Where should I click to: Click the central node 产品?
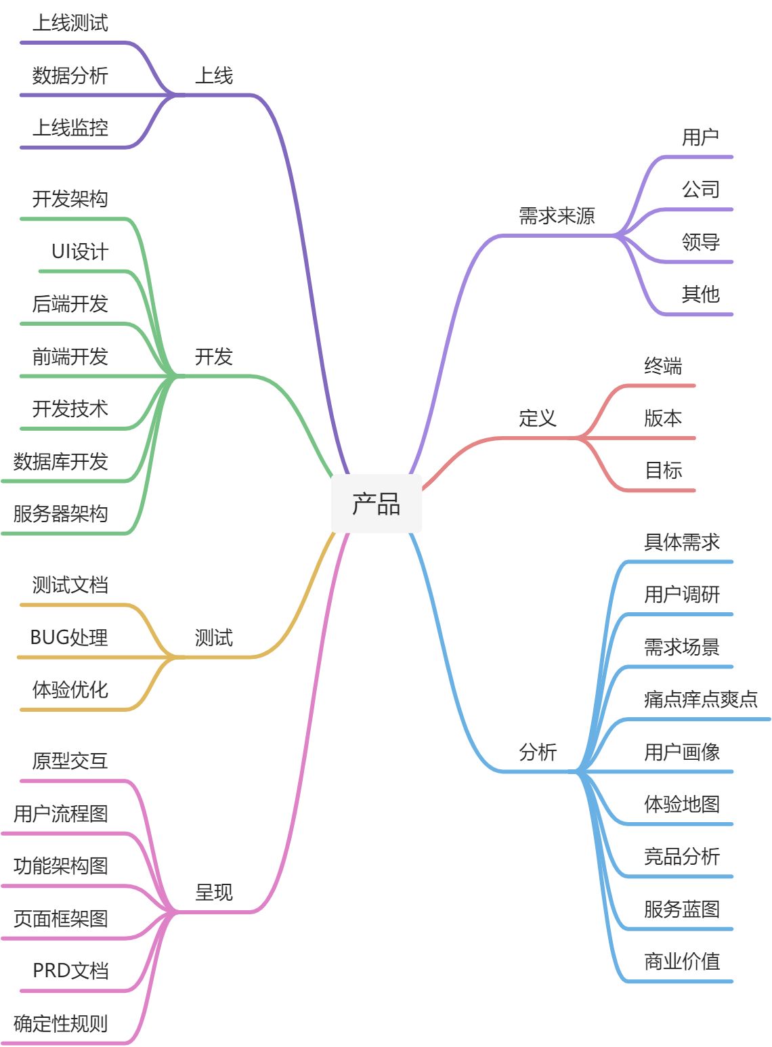point(376,504)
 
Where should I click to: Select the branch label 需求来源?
point(557,216)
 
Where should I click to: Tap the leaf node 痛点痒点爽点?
point(700,699)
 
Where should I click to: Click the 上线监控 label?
point(70,127)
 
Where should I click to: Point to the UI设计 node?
point(80,252)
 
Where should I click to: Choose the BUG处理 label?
point(69,637)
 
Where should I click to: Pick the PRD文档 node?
point(70,970)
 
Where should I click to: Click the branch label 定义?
point(538,419)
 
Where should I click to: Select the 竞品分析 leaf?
point(681,857)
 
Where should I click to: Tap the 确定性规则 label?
point(61,1023)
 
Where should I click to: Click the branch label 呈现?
point(214,893)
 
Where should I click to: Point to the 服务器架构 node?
point(61,513)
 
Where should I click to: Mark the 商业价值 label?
point(681,961)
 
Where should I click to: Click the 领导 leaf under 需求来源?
point(700,242)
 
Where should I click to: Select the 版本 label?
point(662,419)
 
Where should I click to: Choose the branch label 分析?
point(538,752)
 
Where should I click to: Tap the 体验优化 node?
point(70,689)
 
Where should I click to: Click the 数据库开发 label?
point(61,461)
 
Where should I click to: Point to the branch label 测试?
point(214,637)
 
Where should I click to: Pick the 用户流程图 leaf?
point(61,813)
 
